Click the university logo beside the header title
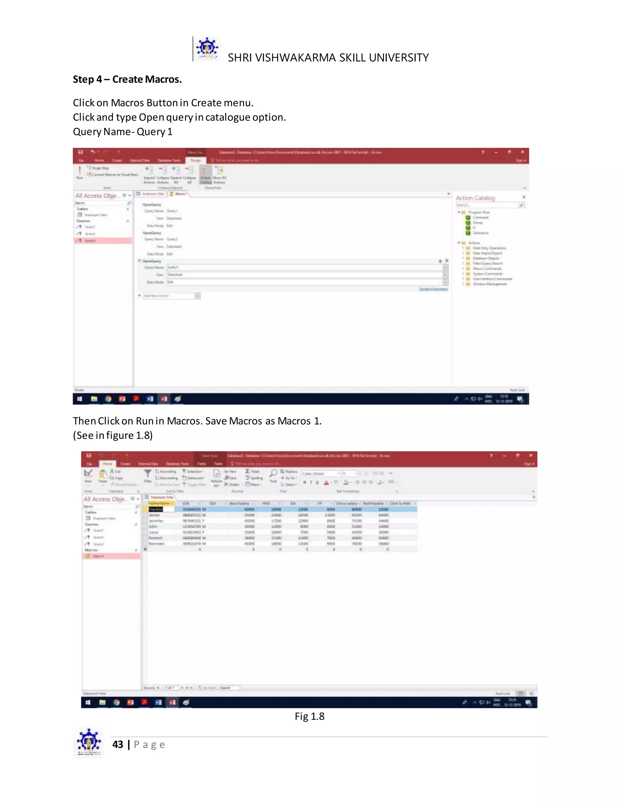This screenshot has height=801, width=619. [x=207, y=49]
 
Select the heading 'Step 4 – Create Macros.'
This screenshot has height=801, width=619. [x=127, y=79]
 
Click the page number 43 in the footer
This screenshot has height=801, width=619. [x=118, y=744]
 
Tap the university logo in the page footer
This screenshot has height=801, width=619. [x=88, y=742]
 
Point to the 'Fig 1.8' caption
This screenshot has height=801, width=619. [x=309, y=716]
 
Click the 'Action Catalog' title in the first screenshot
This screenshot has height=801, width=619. [x=475, y=198]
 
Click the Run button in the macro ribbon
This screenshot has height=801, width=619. [x=79, y=172]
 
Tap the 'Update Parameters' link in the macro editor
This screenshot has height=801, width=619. [x=433, y=289]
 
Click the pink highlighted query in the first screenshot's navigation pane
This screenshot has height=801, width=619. [x=103, y=241]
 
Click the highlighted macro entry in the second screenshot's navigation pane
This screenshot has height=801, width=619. [x=112, y=556]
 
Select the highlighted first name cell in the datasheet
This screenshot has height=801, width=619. [x=155, y=509]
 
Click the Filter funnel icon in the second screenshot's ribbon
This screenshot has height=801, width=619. [x=147, y=475]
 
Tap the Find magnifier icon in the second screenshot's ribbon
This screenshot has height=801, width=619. [x=273, y=475]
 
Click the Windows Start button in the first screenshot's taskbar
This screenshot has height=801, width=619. [x=79, y=399]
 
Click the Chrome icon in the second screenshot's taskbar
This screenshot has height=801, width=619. [x=117, y=702]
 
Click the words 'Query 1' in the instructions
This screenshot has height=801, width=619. [x=154, y=132]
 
